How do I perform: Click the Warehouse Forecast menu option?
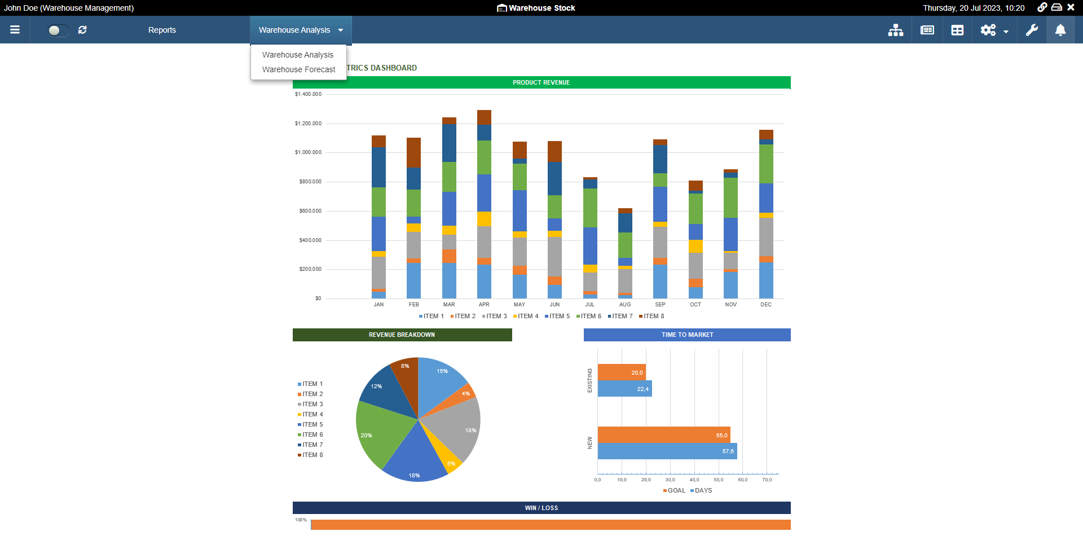click(x=298, y=69)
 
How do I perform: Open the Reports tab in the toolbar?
click(x=162, y=30)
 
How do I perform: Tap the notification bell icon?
click(x=1060, y=30)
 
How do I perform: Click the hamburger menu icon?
click(x=15, y=30)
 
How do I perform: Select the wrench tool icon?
click(x=1032, y=30)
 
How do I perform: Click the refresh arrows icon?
click(x=82, y=30)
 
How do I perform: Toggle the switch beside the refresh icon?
click(x=58, y=30)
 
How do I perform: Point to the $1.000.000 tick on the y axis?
click(x=308, y=152)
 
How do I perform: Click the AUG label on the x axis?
click(x=625, y=305)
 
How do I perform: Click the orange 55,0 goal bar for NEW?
click(x=663, y=435)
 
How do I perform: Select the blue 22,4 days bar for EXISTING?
click(x=624, y=389)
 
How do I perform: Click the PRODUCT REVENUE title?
click(x=541, y=82)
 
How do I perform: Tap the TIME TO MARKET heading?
click(x=687, y=335)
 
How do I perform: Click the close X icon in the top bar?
click(x=1071, y=7)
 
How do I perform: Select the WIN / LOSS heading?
click(x=541, y=508)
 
